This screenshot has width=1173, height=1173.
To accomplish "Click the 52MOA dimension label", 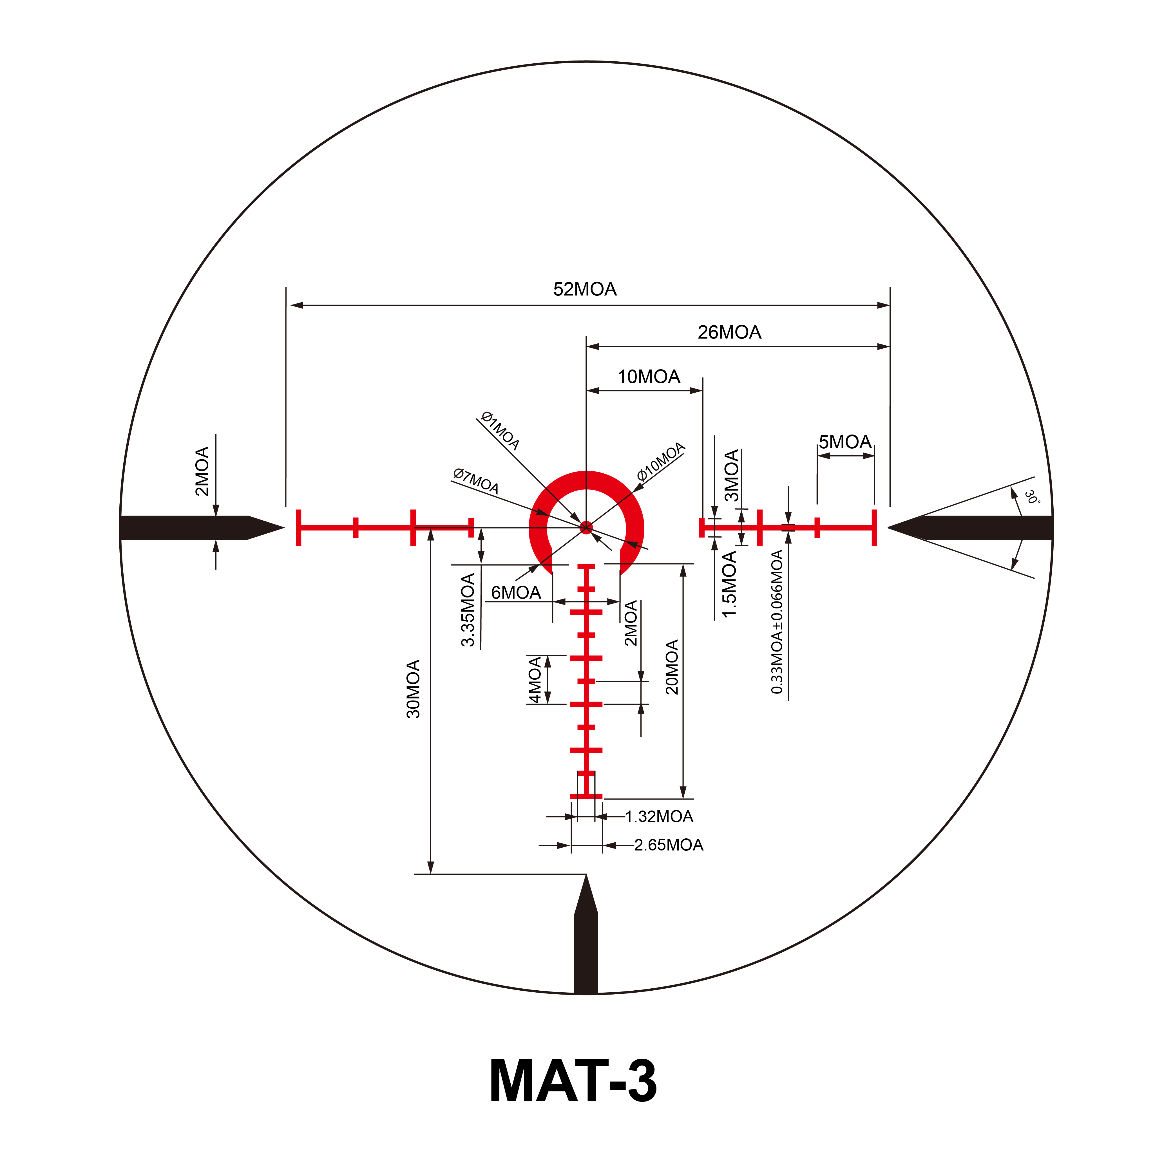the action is coord(585,289).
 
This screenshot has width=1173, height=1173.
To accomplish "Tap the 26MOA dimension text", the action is coord(729,332).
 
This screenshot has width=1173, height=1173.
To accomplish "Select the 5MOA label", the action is coord(845,442).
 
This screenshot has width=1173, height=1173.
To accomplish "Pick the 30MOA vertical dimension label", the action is coord(414,689).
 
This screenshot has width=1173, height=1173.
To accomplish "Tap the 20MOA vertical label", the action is coord(672,667).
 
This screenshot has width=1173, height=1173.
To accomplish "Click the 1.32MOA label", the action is coord(659,817).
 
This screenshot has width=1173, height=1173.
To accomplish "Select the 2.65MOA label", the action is coord(669,845).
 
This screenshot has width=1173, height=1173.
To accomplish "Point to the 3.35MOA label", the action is coord(468,610).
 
